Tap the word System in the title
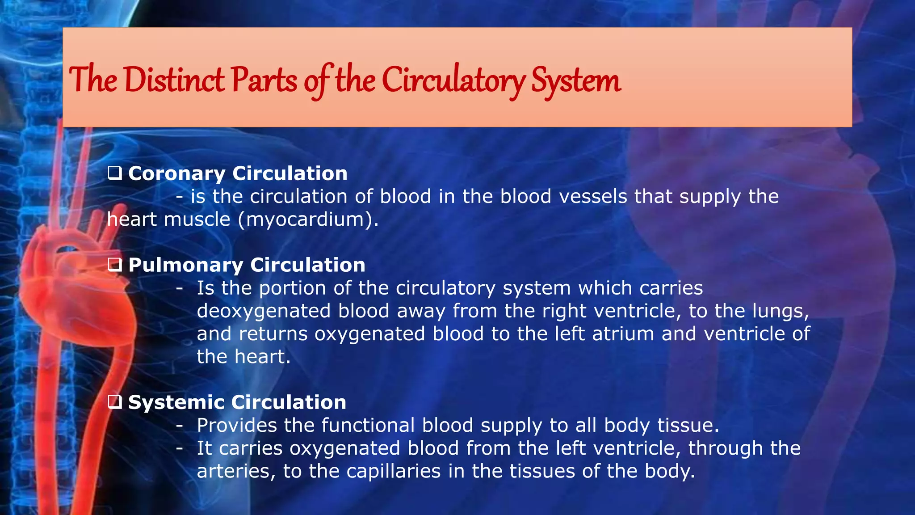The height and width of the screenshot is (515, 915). click(x=576, y=80)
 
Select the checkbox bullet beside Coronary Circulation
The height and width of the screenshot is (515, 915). click(x=115, y=173)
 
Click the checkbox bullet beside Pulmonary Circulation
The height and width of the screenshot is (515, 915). click(x=115, y=265)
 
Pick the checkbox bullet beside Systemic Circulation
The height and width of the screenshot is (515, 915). click(x=115, y=402)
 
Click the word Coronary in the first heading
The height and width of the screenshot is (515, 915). click(x=176, y=173)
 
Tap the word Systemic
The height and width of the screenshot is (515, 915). click(x=176, y=402)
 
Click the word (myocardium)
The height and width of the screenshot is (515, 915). click(x=308, y=220)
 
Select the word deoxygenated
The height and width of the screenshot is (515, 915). click(x=264, y=311)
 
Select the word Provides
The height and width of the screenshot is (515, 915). click(x=237, y=426)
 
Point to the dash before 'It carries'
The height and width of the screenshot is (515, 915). click(x=179, y=448)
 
